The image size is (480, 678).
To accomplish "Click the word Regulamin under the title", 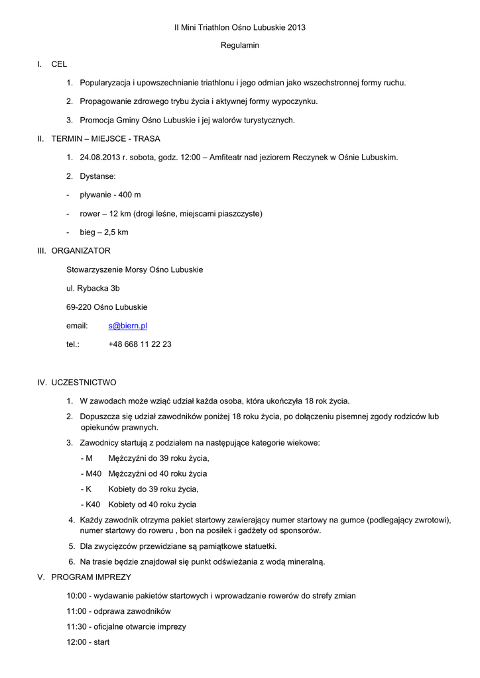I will coord(240,46).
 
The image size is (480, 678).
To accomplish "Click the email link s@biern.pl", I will coord(127,326).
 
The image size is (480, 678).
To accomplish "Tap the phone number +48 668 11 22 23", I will coord(140,344).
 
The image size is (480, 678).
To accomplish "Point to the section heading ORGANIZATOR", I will coord(81,251).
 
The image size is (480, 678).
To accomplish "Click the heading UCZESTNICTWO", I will coord(84,382).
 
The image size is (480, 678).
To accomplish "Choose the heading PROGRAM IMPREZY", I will coord(91,577).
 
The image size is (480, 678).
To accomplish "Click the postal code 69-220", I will coord(79,307).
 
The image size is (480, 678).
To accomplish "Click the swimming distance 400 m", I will coord(129,195).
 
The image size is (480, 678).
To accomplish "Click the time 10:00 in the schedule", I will coord(76,596).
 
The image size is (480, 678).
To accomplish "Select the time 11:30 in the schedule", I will coord(76,626).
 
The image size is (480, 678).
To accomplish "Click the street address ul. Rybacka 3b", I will coord(93,289).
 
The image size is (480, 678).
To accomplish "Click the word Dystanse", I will coord(97,176).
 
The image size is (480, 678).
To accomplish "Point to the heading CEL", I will coord(59,64).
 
